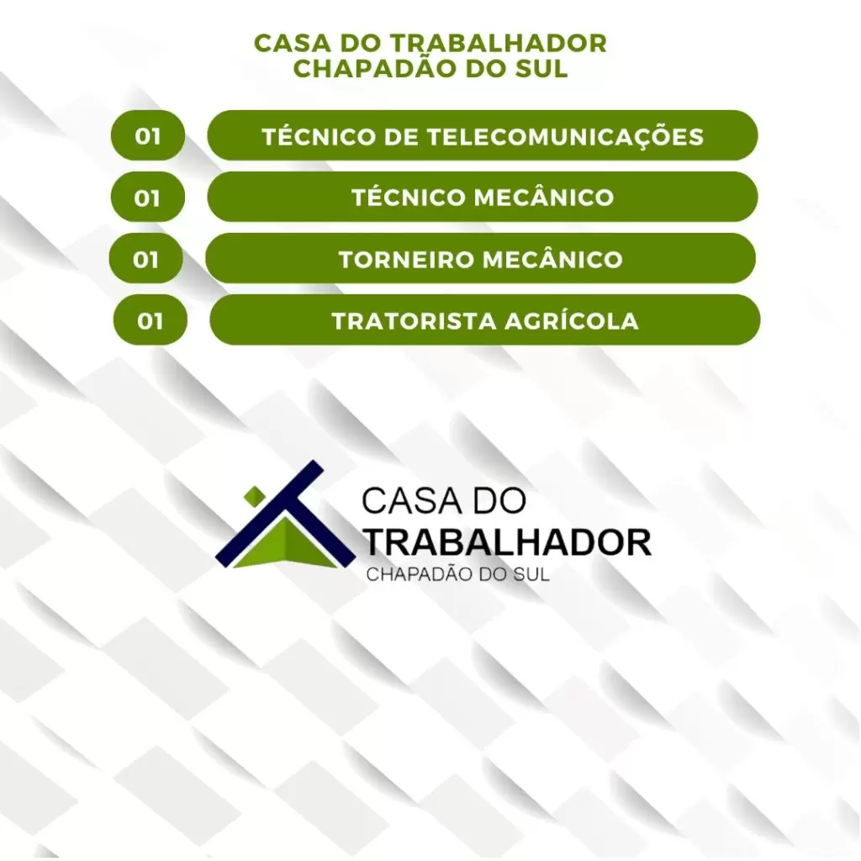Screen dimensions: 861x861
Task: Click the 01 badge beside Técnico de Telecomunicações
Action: (x=148, y=135)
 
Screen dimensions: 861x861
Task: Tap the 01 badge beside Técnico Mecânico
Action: (x=148, y=197)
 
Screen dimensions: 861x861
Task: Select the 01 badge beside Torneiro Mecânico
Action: (x=146, y=258)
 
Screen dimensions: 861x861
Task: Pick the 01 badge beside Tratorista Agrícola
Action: (x=151, y=320)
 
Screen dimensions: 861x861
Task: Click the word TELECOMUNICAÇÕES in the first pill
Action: (x=565, y=137)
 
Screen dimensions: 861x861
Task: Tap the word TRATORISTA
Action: (x=414, y=321)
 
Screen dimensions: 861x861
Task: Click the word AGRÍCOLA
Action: (x=572, y=320)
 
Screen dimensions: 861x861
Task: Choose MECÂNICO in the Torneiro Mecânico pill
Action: (x=549, y=259)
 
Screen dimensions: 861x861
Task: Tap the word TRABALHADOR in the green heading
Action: (x=499, y=44)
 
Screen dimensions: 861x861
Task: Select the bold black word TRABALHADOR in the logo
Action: (x=506, y=542)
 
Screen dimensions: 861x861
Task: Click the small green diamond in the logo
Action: (x=255, y=496)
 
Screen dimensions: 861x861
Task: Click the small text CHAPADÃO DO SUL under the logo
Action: (x=457, y=573)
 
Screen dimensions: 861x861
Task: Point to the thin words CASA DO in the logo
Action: (x=444, y=500)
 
